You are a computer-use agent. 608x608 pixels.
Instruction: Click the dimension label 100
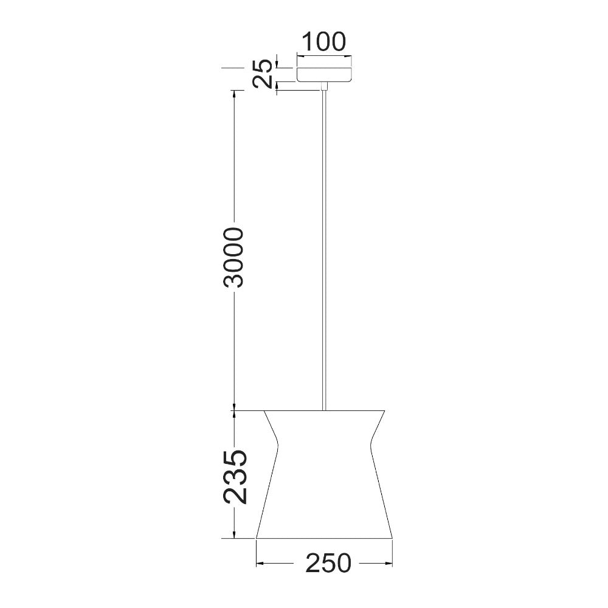324,42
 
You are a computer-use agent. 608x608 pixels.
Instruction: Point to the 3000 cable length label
233,257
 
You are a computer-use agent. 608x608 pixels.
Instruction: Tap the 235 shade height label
235,477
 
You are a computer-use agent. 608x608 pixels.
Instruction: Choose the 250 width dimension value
328,564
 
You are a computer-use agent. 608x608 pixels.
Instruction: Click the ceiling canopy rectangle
324,70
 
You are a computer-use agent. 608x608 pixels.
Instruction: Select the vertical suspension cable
325,243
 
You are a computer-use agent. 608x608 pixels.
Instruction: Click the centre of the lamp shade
325,474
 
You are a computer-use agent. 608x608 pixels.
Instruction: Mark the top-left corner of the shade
265,410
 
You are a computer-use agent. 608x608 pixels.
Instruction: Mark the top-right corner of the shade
385,410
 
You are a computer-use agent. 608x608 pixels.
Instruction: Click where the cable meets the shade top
325,409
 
